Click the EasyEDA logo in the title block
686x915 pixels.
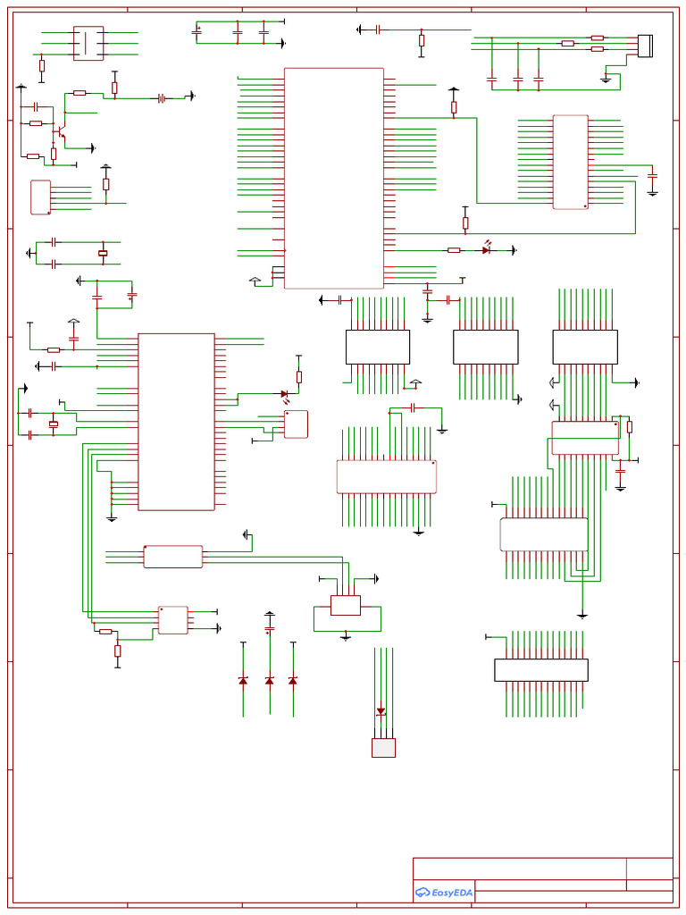pyautogui.click(x=444, y=892)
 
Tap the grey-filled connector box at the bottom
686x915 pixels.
pyautogui.click(x=383, y=748)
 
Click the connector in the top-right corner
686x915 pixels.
pyautogui.click(x=645, y=45)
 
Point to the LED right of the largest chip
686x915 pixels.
pyautogui.click(x=486, y=250)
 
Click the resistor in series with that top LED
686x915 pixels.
pyautogui.click(x=454, y=250)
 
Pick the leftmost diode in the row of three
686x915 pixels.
pyautogui.click(x=243, y=681)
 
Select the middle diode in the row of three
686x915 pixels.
pyautogui.click(x=270, y=681)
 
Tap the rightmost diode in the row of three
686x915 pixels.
pyautogui.click(x=293, y=681)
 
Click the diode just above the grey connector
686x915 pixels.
pyautogui.click(x=381, y=712)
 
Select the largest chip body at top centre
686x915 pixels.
pyautogui.click(x=333, y=178)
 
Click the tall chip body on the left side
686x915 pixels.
pyautogui.click(x=176, y=422)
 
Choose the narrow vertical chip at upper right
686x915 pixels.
pyautogui.click(x=570, y=162)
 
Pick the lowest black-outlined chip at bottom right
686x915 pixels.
pyautogui.click(x=541, y=670)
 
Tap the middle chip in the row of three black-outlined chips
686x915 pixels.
pyautogui.click(x=485, y=347)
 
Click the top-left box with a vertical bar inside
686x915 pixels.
pyautogui.click(x=88, y=43)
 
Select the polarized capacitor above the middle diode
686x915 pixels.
pyautogui.click(x=270, y=629)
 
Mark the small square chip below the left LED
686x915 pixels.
pyautogui.click(x=296, y=424)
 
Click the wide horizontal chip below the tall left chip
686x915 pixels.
pyautogui.click(x=173, y=557)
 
